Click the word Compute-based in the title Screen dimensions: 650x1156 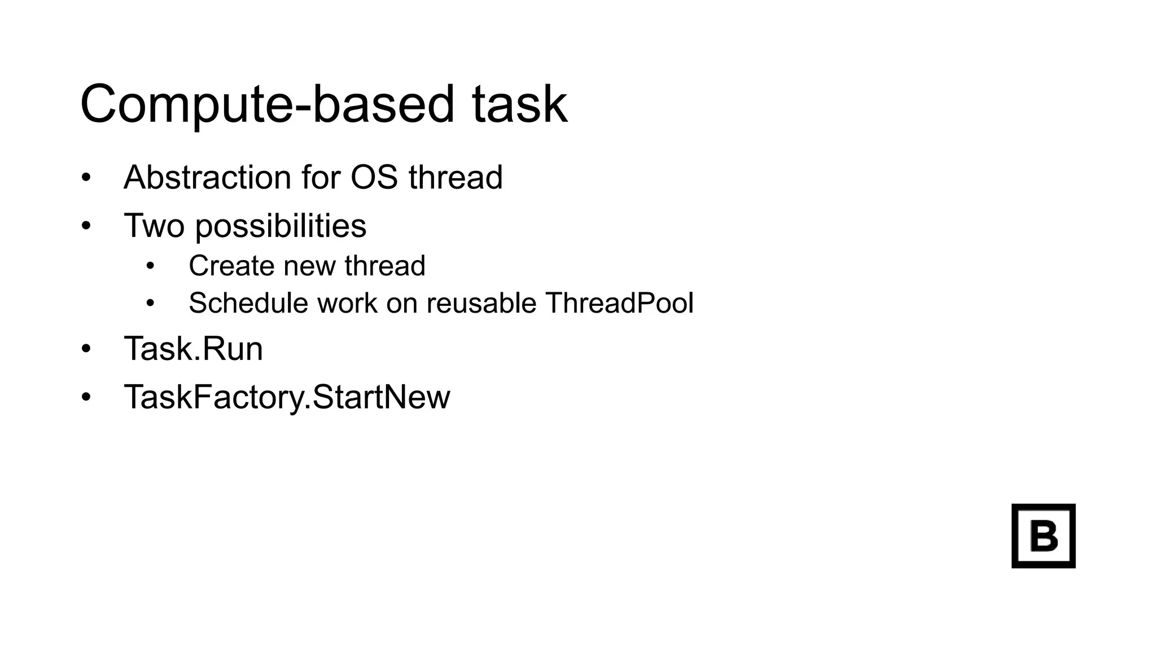tap(267, 104)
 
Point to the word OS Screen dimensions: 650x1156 tap(375, 177)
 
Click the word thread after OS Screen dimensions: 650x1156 tap(456, 177)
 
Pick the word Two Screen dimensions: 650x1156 tap(154, 226)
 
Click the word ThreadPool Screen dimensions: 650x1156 tap(619, 303)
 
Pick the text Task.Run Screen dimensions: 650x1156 tap(194, 349)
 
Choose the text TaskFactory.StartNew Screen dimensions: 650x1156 tap(287, 397)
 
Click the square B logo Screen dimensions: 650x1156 tap(1043, 535)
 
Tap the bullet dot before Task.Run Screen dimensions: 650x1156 tap(86, 349)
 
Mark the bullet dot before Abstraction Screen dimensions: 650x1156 tap(86, 178)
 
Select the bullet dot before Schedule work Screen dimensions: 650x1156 tap(150, 304)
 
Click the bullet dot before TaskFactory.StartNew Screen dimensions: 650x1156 tap(86, 397)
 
